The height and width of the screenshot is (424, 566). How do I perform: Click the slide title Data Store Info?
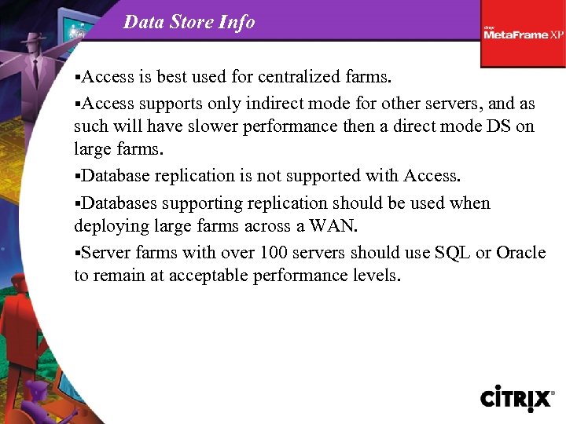coord(189,22)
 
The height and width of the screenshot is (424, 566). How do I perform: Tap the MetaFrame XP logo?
coord(523,34)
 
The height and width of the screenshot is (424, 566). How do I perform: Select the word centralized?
coord(300,78)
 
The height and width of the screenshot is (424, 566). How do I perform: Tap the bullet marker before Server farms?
coord(77,254)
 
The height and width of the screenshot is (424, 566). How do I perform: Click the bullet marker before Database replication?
coord(77,176)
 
